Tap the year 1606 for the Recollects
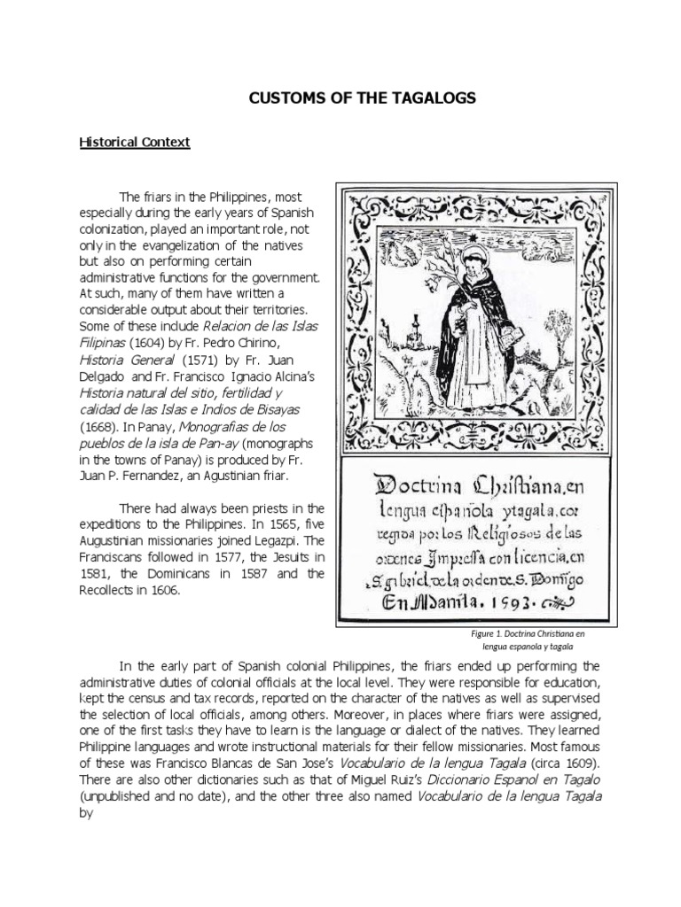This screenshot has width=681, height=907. pos(161,592)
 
